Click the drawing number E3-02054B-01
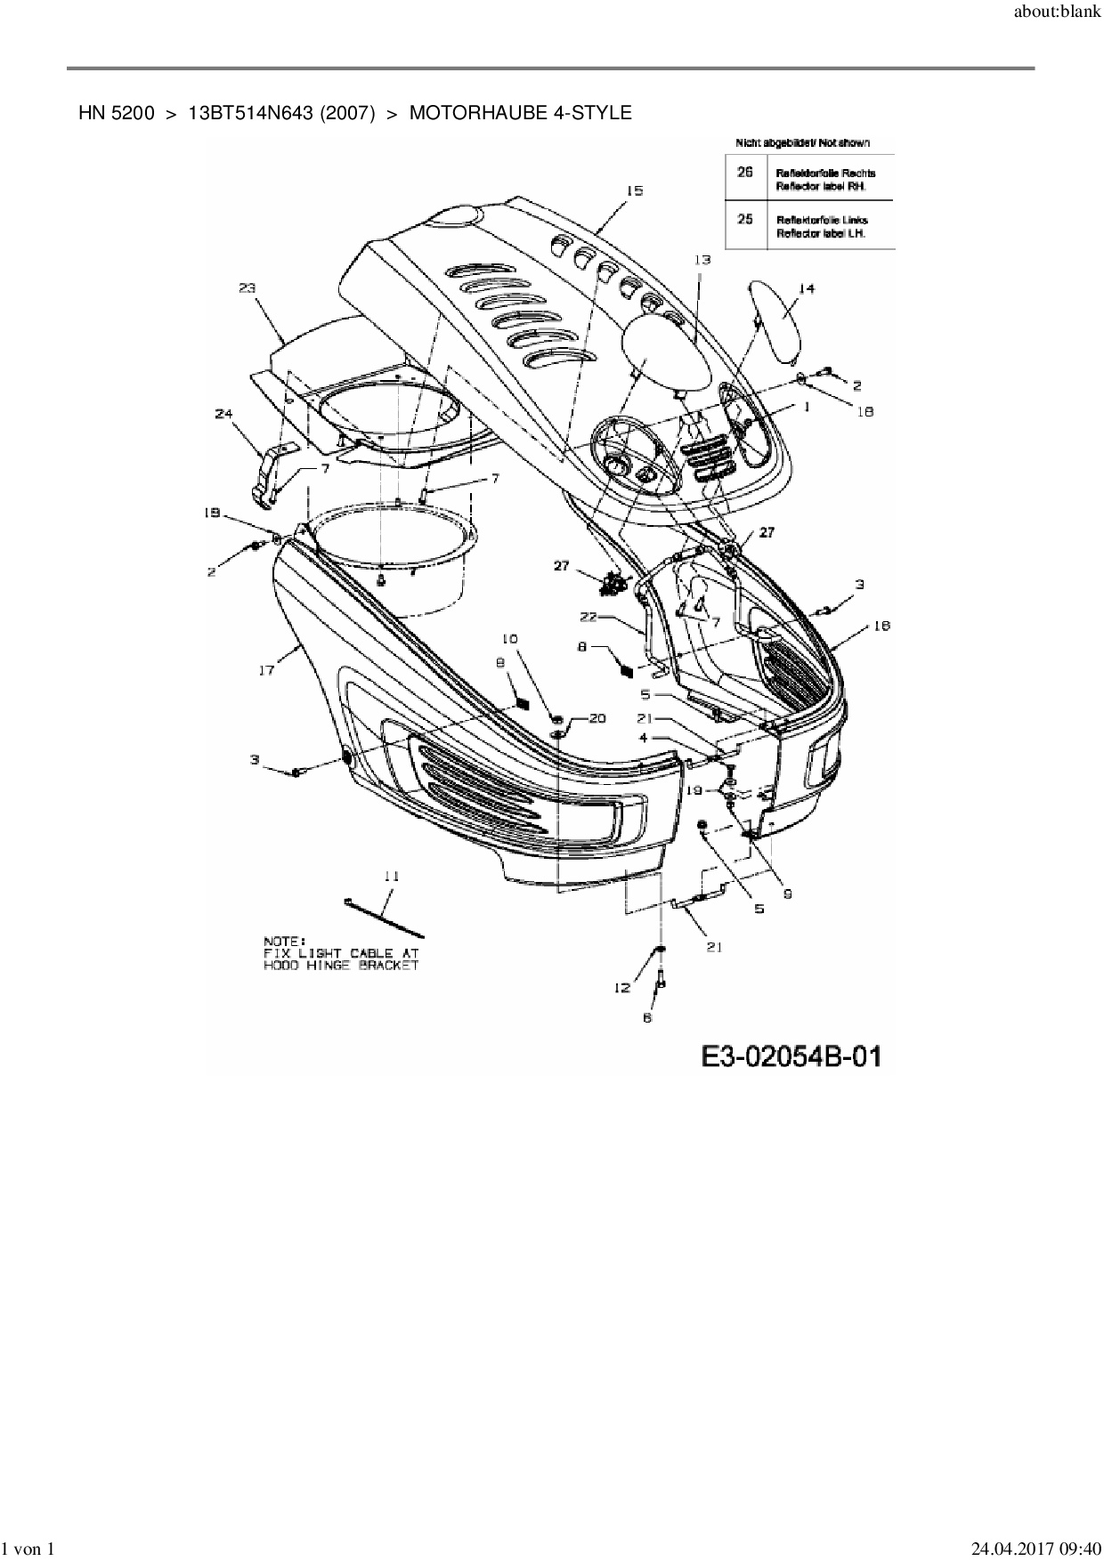point(791,1056)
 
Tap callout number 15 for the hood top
point(634,191)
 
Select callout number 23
point(248,287)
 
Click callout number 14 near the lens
point(807,288)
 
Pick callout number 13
point(702,259)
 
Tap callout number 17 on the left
point(266,670)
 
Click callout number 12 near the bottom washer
point(621,987)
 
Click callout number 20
point(596,718)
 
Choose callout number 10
point(509,639)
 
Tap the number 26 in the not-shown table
point(745,172)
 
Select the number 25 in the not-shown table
point(745,219)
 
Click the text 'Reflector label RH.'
point(821,187)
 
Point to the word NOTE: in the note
point(284,941)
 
